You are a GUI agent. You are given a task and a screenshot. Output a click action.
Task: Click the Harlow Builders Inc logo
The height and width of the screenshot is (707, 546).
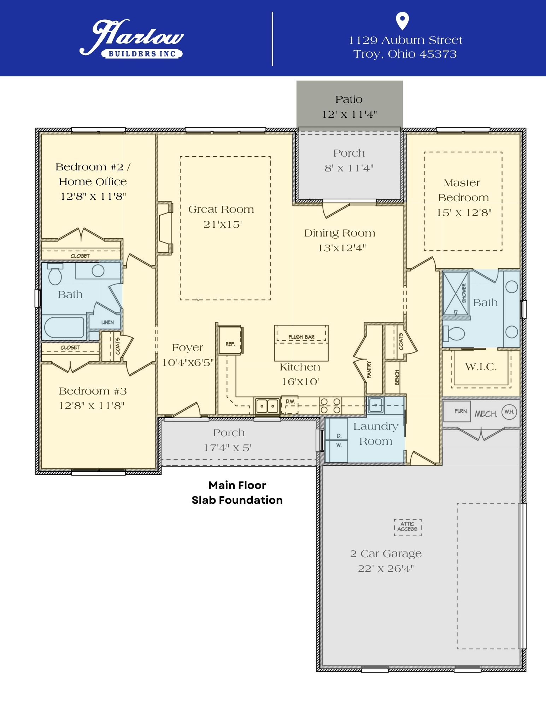[131, 39]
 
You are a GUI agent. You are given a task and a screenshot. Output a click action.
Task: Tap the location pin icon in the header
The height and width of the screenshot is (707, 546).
[403, 21]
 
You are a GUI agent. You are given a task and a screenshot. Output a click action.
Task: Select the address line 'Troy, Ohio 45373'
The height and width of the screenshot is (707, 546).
[405, 54]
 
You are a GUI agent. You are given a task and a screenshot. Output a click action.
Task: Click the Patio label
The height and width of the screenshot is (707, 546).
[349, 99]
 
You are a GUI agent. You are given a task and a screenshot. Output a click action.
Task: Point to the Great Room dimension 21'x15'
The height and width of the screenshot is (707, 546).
[222, 224]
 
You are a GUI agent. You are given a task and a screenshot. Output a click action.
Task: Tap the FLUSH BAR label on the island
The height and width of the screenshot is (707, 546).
[301, 337]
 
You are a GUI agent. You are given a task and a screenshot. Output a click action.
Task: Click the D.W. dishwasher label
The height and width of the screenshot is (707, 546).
[290, 402]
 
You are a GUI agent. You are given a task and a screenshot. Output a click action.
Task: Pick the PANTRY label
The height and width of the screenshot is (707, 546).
[369, 370]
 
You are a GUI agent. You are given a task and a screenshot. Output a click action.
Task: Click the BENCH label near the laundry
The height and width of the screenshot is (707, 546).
[397, 378]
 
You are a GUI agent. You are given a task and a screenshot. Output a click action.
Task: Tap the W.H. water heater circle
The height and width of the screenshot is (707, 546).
[509, 412]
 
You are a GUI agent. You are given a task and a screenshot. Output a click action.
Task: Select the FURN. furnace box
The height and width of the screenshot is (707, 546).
[457, 411]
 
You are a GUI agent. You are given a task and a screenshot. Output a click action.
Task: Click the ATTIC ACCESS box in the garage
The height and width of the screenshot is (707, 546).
[408, 527]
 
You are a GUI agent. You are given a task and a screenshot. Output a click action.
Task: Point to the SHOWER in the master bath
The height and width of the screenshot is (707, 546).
[456, 293]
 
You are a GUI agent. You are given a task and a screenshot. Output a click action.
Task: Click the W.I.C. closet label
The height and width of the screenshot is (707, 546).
[481, 367]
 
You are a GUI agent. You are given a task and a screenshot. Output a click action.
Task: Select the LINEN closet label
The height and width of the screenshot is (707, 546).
[107, 322]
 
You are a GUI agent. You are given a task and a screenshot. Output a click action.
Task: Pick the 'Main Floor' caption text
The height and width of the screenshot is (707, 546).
[237, 485]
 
